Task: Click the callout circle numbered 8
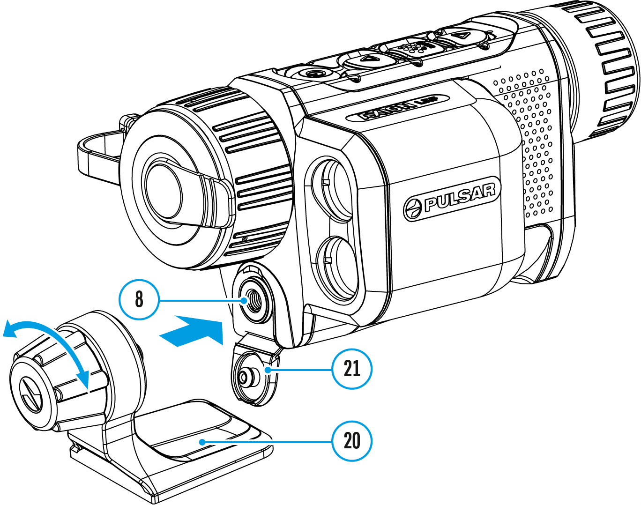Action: pos(139,299)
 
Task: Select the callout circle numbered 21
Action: pos(352,369)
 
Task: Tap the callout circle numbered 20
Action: pos(352,441)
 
